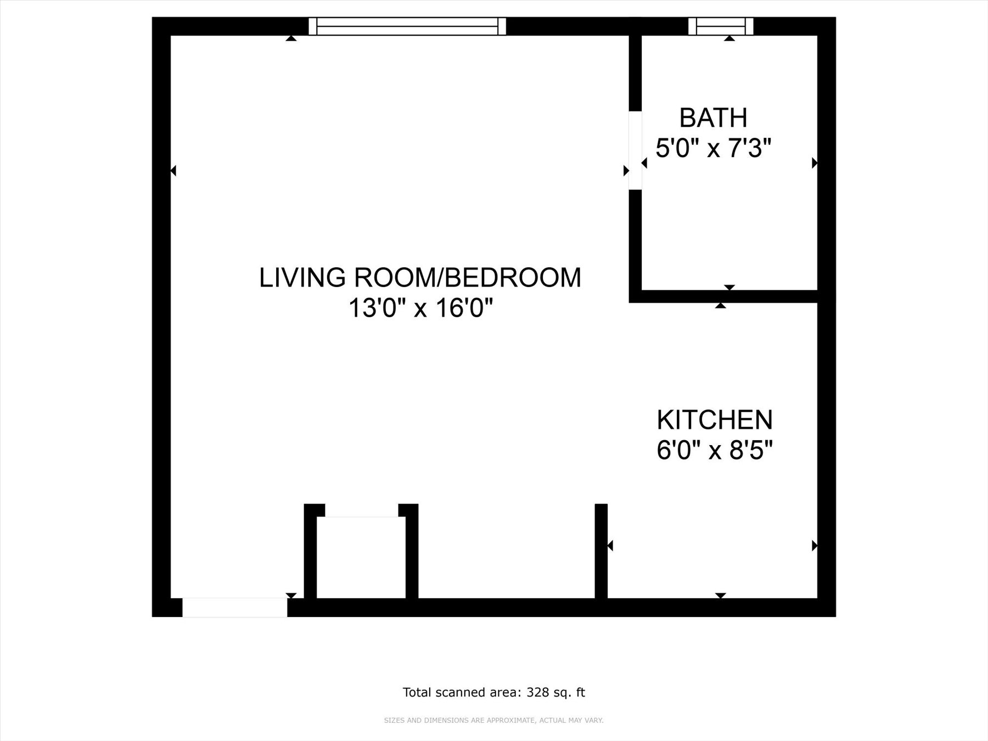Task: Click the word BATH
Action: point(713,118)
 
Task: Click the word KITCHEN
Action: point(715,420)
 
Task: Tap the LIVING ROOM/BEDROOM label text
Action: point(420,278)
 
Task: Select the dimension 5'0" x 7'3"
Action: point(714,148)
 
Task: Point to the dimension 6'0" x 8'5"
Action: point(715,451)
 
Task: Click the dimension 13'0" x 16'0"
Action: point(420,308)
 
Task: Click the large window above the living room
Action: point(407,26)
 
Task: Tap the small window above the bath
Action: point(721,26)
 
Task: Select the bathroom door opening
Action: point(635,150)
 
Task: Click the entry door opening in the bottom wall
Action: point(234,608)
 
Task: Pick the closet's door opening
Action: point(361,510)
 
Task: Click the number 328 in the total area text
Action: point(537,693)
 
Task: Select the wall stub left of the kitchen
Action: point(601,551)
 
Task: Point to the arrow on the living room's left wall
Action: point(173,171)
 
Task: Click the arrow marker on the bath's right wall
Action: point(815,163)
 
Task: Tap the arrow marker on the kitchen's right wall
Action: point(815,546)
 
